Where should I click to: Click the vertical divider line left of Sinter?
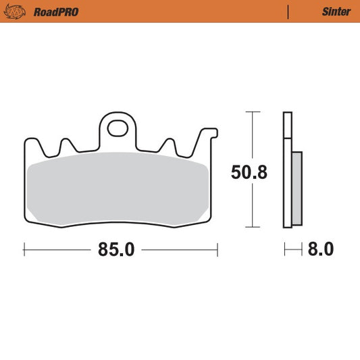(x=288, y=11)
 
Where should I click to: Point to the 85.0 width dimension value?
(x=116, y=249)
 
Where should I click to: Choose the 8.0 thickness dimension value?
(x=320, y=249)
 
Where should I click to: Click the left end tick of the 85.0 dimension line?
(x=24, y=249)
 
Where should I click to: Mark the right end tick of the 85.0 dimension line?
(x=217, y=249)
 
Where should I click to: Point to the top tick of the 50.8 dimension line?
(x=252, y=111)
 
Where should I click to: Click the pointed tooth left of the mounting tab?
(x=67, y=146)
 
